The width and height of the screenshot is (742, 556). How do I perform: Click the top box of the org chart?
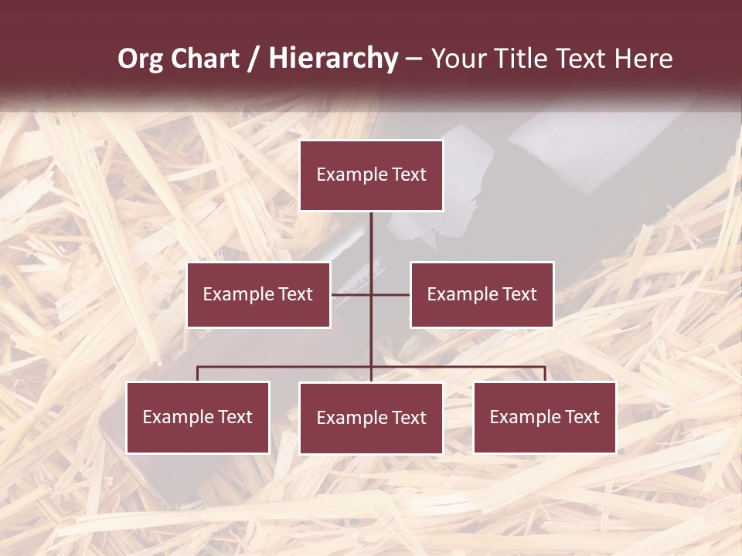pyautogui.click(x=371, y=175)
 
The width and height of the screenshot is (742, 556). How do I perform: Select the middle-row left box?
pyautogui.click(x=258, y=294)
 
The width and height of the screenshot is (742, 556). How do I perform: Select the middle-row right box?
pyautogui.click(x=482, y=294)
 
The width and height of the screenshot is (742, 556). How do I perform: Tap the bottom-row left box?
pyautogui.click(x=198, y=417)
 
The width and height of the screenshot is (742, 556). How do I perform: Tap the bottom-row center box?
pyautogui.click(x=371, y=418)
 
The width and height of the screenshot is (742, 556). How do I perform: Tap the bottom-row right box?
pyautogui.click(x=544, y=417)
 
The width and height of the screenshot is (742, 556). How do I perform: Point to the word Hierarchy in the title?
pyautogui.click(x=333, y=59)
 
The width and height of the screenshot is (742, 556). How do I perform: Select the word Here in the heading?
pyautogui.click(x=643, y=59)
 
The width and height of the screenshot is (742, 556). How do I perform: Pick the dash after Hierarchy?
pyautogui.click(x=414, y=59)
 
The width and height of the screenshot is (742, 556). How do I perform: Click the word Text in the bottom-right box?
pyautogui.click(x=582, y=417)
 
